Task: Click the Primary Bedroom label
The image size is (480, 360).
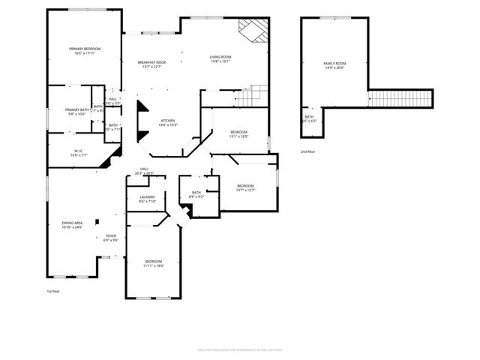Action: pyautogui.click(x=88, y=49)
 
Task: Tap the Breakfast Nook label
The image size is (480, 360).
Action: pyautogui.click(x=151, y=62)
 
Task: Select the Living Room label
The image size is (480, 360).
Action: pyautogui.click(x=220, y=57)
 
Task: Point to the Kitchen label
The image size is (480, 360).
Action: pyautogui.click(x=168, y=121)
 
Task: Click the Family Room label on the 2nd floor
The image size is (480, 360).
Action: pyautogui.click(x=334, y=63)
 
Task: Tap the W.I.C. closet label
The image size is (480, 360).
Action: pyautogui.click(x=79, y=151)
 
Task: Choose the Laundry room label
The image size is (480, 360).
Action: pyautogui.click(x=147, y=197)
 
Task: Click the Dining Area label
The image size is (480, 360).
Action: pyautogui.click(x=72, y=223)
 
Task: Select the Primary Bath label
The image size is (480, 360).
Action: pyautogui.click(x=76, y=109)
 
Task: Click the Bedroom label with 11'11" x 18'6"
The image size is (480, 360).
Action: pyautogui.click(x=153, y=261)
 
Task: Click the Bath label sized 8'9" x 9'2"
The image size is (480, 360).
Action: pyautogui.click(x=196, y=193)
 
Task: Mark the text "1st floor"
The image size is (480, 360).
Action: pyautogui.click(x=52, y=290)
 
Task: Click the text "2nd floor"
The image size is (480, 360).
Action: pyautogui.click(x=308, y=151)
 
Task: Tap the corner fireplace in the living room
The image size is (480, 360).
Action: pyautogui.click(x=250, y=29)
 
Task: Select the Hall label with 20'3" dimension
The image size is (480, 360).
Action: pyautogui.click(x=144, y=169)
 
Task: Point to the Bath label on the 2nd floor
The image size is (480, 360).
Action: pyautogui.click(x=309, y=117)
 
